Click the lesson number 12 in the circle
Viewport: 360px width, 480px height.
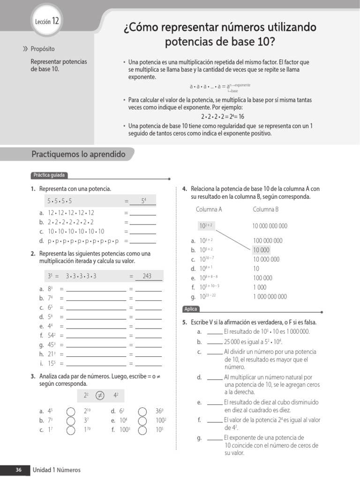55,21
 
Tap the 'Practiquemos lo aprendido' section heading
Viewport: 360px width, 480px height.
78,154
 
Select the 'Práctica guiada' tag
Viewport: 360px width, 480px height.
49,175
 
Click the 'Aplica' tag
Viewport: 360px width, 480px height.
191,309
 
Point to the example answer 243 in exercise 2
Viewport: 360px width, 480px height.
147,276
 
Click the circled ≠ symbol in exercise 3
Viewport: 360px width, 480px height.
99,396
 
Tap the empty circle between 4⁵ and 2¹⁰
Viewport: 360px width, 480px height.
70,411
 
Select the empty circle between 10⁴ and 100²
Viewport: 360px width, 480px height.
142,420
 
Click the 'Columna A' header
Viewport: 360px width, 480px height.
209,210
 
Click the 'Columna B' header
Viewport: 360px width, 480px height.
266,210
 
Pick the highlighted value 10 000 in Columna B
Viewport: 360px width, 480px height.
261,250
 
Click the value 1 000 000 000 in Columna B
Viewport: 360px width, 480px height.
270,297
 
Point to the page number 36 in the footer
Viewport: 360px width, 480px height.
19,470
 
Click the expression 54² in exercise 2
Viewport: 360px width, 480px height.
52,336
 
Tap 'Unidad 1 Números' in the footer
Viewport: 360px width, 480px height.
56,470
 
